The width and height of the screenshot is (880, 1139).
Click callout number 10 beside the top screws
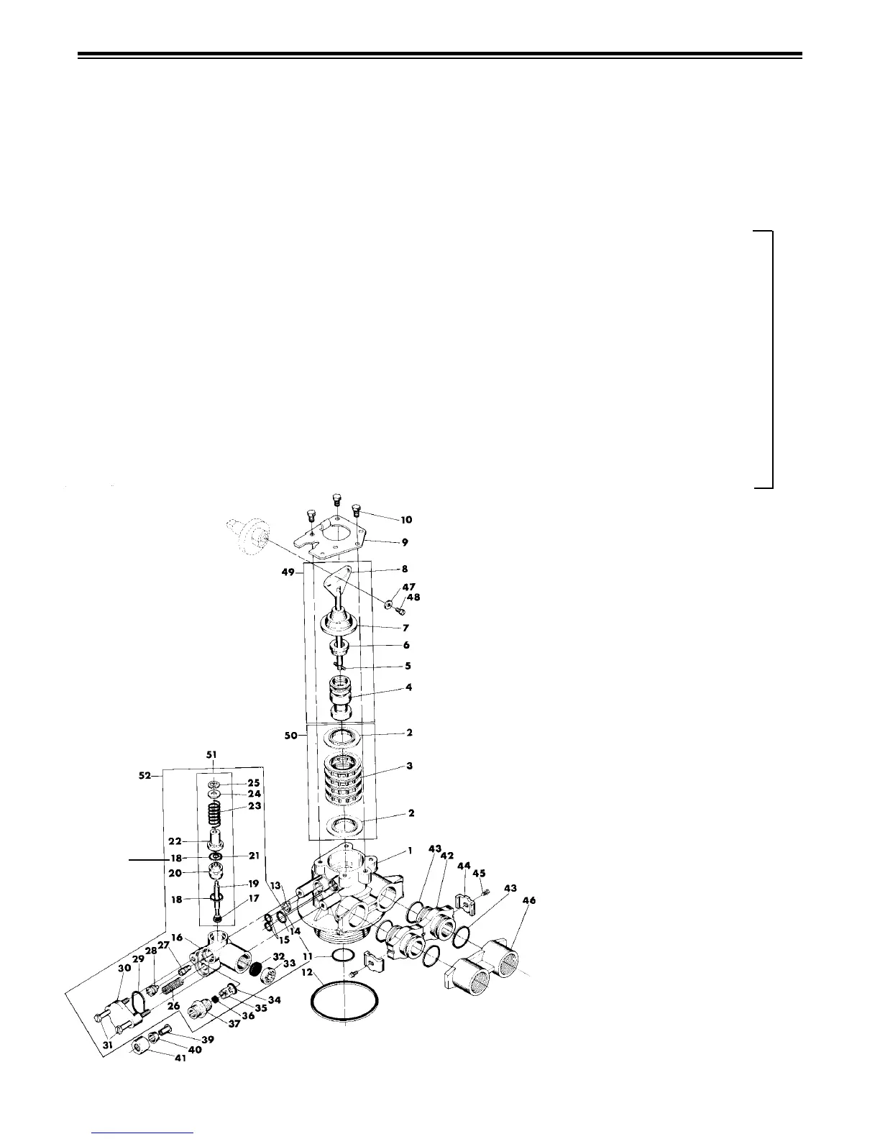[x=406, y=519]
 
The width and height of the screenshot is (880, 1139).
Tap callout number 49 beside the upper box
[x=290, y=574]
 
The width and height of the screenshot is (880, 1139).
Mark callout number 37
[x=234, y=1024]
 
